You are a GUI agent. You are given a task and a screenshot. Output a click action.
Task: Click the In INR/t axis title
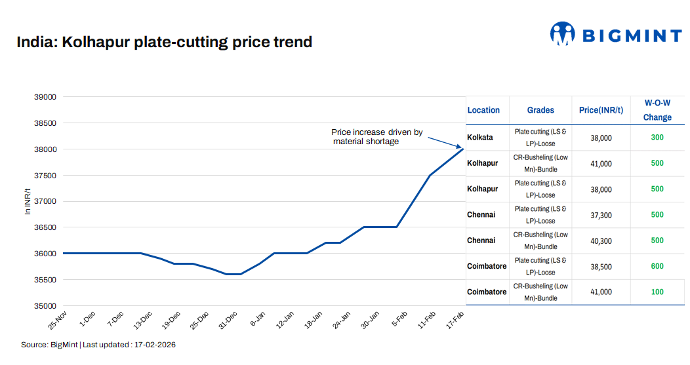[x=28, y=201]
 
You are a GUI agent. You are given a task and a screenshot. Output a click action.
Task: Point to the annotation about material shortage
[x=376, y=136]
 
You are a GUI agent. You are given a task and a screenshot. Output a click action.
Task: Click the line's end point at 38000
[x=463, y=149]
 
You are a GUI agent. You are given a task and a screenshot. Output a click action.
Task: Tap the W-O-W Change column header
[x=657, y=110]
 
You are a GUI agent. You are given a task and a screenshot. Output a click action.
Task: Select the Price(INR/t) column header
[x=600, y=110]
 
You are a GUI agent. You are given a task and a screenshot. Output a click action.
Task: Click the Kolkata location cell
[x=480, y=138]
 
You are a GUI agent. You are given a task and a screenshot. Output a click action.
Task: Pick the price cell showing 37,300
[x=600, y=215]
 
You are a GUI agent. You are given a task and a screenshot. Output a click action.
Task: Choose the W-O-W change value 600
[x=657, y=266]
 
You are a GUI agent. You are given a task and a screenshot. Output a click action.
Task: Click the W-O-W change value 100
[x=657, y=292]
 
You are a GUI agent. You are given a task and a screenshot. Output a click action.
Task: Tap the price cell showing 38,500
[x=600, y=267]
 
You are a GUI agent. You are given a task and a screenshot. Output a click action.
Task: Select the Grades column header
[x=540, y=110]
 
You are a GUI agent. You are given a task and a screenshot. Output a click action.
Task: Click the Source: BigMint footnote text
[x=98, y=345]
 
